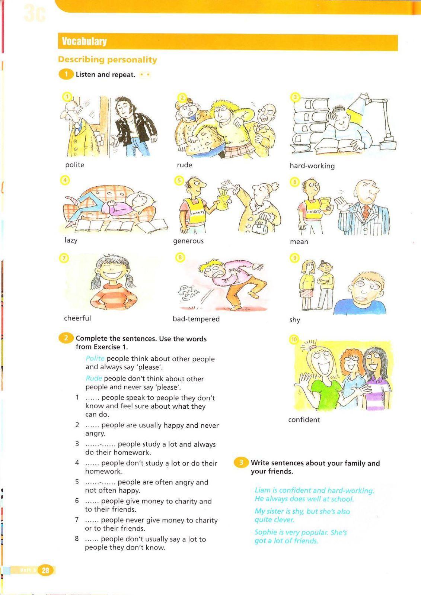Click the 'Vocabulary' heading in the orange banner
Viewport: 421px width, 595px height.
tap(84, 41)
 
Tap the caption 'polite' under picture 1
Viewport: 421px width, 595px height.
tap(75, 165)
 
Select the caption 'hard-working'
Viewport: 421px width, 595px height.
tap(312, 166)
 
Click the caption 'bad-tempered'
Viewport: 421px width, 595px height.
tap(196, 319)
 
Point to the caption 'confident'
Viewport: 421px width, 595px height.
tap(304, 420)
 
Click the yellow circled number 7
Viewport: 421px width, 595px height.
tap(64, 258)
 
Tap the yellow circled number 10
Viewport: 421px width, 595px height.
tap(294, 340)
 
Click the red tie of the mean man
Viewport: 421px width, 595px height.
tap(366, 212)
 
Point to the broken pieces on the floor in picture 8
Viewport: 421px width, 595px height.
tap(188, 293)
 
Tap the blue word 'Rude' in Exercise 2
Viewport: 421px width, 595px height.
tap(94, 378)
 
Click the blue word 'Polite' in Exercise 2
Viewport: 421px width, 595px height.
tap(95, 358)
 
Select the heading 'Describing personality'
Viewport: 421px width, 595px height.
tap(108, 60)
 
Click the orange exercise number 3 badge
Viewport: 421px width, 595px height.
tap(241, 463)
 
